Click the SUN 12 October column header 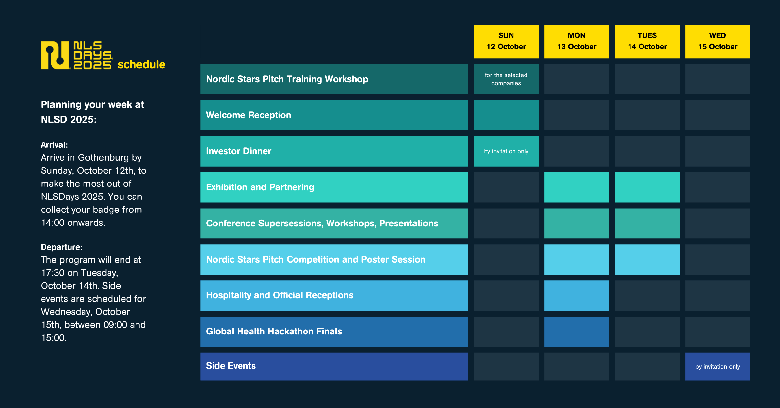point(506,42)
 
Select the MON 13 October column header point(577,42)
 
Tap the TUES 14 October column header point(647,42)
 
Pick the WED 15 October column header point(718,42)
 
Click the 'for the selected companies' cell point(506,79)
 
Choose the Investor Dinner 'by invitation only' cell point(506,151)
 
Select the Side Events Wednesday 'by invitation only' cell point(718,366)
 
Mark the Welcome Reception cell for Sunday point(506,115)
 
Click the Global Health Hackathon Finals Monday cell point(577,332)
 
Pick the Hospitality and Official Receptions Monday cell point(577,295)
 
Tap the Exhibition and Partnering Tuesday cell point(647,187)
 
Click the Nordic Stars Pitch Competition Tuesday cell point(647,259)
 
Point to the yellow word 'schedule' point(141,64)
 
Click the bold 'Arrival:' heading point(54,145)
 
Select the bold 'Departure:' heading point(62,247)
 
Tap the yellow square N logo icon point(55,55)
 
